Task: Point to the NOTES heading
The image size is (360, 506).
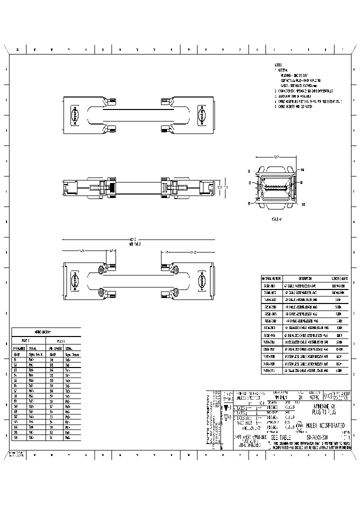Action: click(x=278, y=65)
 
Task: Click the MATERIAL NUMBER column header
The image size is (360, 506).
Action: click(x=272, y=278)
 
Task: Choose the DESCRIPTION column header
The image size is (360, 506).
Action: click(x=305, y=278)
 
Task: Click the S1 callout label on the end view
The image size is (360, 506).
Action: click(x=248, y=203)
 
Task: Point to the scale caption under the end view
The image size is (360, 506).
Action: click(x=276, y=219)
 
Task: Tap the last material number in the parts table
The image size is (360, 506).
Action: click(x=272, y=370)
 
